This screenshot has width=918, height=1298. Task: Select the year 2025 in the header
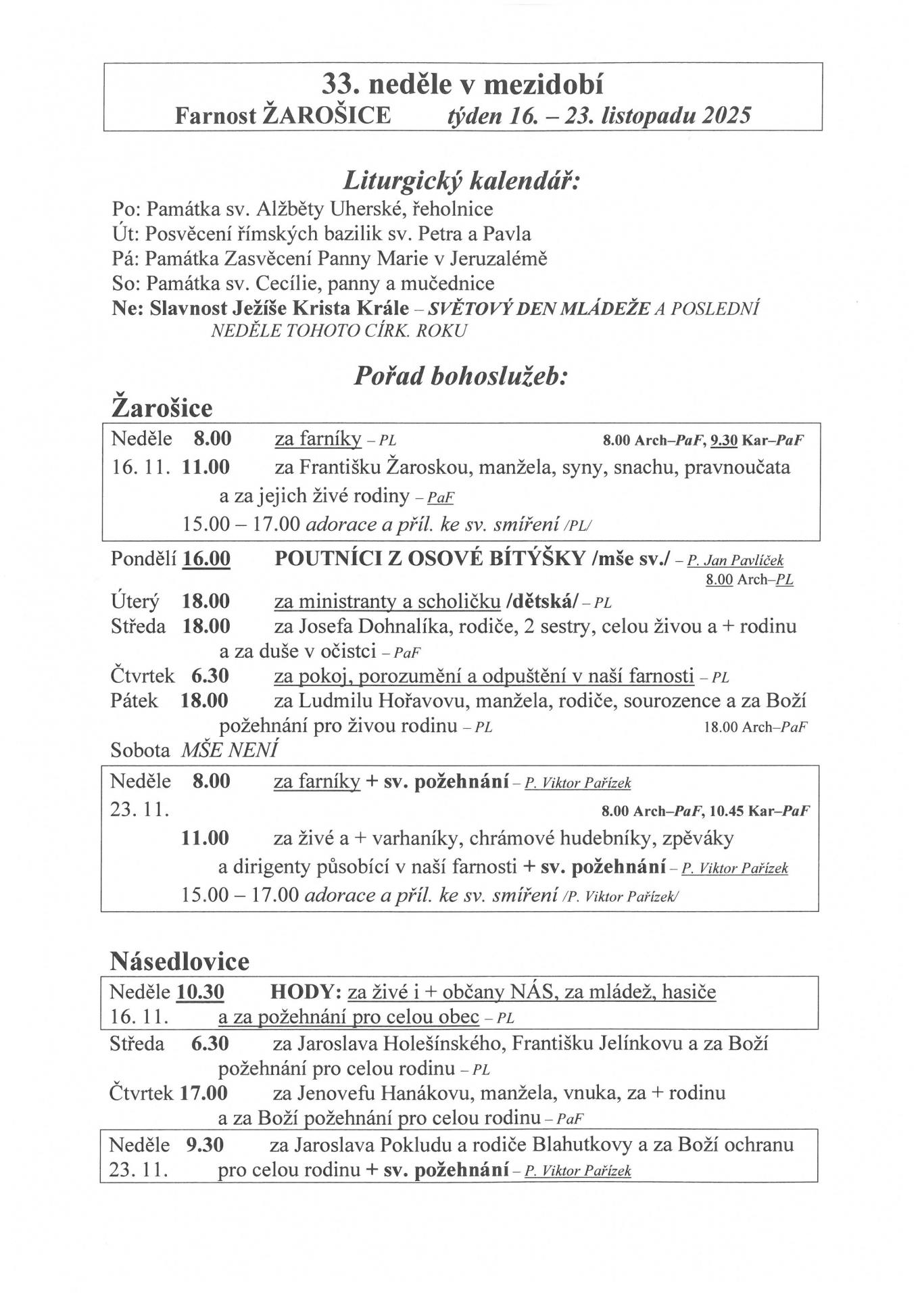tap(726, 116)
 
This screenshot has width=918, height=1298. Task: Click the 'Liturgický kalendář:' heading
tap(462, 181)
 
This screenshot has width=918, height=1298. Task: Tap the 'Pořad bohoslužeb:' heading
tap(461, 376)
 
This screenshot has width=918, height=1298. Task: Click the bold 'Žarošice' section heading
tap(162, 408)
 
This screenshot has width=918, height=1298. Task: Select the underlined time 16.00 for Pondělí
tap(206, 559)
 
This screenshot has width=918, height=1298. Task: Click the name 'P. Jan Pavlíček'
tap(735, 560)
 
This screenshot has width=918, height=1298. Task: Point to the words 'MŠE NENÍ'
tap(230, 750)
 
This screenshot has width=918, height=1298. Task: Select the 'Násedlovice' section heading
tap(179, 961)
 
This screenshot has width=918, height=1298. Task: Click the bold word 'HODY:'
tap(305, 992)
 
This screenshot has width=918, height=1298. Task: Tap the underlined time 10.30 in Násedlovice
tap(201, 992)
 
